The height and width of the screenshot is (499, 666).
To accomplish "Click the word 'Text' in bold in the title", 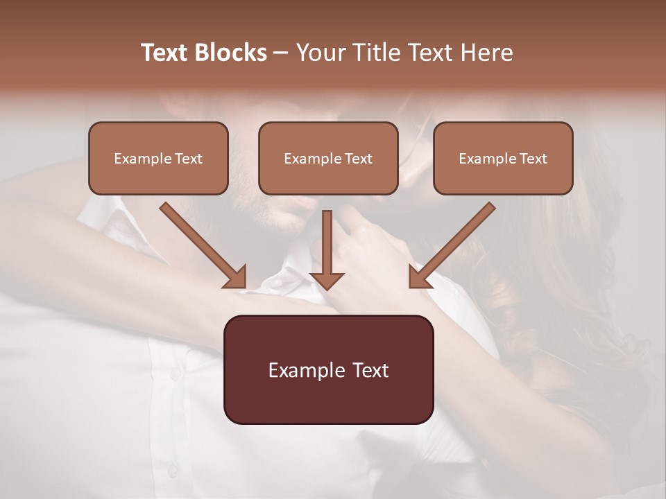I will tap(166, 53).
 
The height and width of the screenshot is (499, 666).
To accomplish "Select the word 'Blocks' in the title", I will tap(231, 53).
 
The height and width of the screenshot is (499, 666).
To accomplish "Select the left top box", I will tap(158, 158).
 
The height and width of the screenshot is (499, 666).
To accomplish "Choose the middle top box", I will tap(328, 158).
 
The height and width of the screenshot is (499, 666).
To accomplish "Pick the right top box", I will tap(503, 158).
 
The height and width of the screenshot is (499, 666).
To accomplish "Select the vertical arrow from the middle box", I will tap(327, 243).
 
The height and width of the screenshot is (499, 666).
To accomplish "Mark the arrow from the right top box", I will tap(454, 243).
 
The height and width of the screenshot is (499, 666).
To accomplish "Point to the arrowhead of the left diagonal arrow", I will tap(236, 277).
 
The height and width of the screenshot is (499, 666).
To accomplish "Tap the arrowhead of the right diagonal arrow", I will tap(419, 277).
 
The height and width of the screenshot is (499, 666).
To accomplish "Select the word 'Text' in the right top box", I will tap(533, 158).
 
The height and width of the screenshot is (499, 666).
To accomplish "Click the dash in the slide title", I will tap(281, 53).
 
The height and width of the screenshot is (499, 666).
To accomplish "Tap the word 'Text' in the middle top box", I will tap(358, 158).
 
